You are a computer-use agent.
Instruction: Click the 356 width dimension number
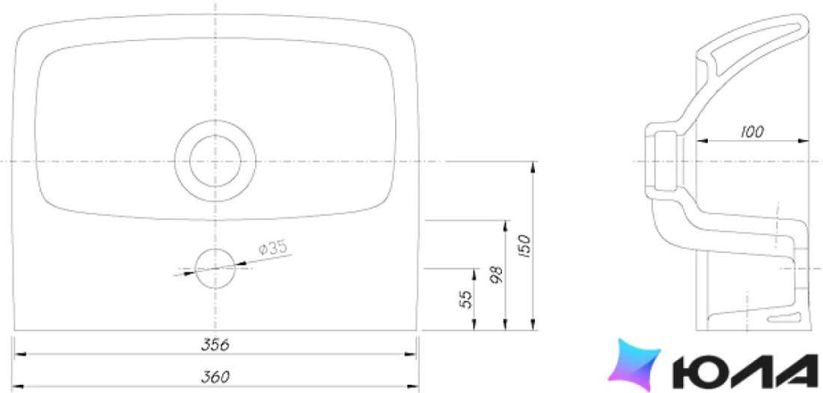(x=215, y=344)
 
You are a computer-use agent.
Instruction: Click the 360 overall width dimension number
(x=215, y=377)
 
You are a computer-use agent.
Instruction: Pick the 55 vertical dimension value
(x=466, y=299)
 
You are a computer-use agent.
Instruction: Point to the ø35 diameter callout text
(x=273, y=248)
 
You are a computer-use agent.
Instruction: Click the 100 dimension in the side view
(x=752, y=132)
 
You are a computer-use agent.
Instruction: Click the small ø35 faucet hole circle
(x=215, y=249)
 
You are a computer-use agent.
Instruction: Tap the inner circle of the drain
(x=215, y=135)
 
